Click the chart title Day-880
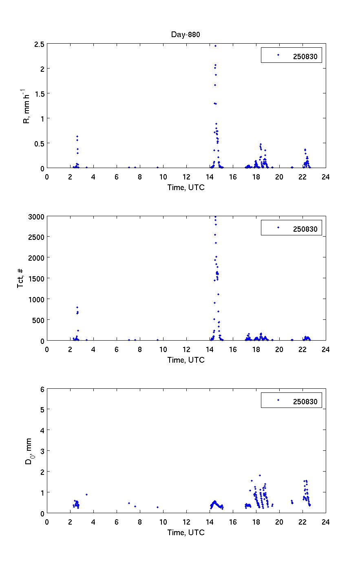click(x=186, y=35)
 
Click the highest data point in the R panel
click(x=215, y=46)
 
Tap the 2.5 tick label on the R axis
click(x=39, y=44)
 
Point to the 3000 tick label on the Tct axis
click(x=36, y=216)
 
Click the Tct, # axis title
click(x=20, y=278)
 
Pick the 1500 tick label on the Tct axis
click(x=36, y=278)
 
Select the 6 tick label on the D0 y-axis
click(x=42, y=389)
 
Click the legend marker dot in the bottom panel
click(x=278, y=400)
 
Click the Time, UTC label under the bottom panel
click(x=186, y=532)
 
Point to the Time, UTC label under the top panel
click(x=186, y=187)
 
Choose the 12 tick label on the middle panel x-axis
click(x=186, y=349)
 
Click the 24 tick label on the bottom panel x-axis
click(x=325, y=522)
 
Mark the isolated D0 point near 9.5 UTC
click(x=157, y=507)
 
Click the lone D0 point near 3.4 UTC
click(x=86, y=494)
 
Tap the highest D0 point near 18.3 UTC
click(x=260, y=475)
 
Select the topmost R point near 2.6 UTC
click(x=77, y=136)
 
